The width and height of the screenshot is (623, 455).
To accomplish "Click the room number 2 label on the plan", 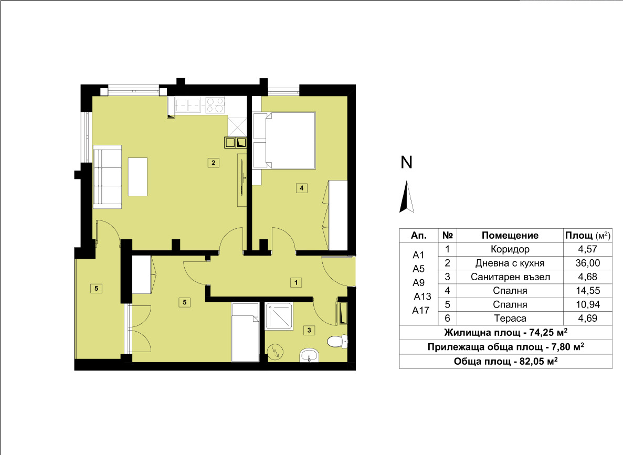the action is [x=214, y=163].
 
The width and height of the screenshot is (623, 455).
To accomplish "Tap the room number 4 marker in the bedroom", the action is [x=302, y=188].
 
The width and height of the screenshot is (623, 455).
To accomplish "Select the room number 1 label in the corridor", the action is [x=296, y=282].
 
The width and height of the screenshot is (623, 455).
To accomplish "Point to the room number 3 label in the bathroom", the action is [x=309, y=330].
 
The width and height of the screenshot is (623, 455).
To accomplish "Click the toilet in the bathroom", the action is [x=337, y=341].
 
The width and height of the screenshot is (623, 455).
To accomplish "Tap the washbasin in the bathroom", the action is [x=310, y=355].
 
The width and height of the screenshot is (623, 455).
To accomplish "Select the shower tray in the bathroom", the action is [x=279, y=316].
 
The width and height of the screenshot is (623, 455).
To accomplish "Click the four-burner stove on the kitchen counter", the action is [x=215, y=105].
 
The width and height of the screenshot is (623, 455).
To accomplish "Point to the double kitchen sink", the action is [x=187, y=105].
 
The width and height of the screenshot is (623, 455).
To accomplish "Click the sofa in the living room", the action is [x=107, y=176].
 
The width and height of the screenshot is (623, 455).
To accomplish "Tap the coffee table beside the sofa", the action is [x=138, y=176].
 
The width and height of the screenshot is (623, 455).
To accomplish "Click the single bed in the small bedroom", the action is [x=246, y=332].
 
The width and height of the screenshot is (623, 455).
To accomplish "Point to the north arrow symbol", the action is [x=406, y=197].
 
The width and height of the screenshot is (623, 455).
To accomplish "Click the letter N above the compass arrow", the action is [x=406, y=162].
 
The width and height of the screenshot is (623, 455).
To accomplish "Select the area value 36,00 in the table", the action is [x=588, y=263].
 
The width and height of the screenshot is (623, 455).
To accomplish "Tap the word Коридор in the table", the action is [x=510, y=249].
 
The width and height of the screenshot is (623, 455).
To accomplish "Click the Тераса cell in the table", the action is [x=510, y=319].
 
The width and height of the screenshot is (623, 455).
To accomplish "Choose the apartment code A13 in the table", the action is [x=423, y=297].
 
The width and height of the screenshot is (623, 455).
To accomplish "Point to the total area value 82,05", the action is [x=532, y=362].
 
